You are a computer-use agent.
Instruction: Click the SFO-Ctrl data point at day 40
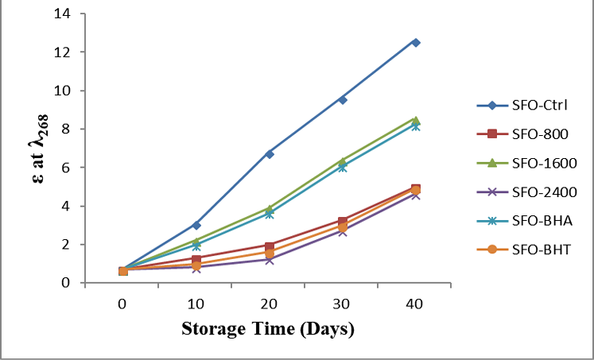pyautogui.click(x=416, y=42)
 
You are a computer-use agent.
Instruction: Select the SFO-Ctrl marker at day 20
pyautogui.click(x=270, y=154)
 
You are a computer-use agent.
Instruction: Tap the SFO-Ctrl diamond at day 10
pyautogui.click(x=196, y=225)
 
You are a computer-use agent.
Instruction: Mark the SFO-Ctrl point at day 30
pyautogui.click(x=343, y=99)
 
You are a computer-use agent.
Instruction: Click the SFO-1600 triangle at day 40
pyautogui.click(x=416, y=120)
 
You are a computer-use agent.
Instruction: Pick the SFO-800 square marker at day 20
pyautogui.click(x=270, y=246)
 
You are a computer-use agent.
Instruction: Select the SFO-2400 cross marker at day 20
pyautogui.click(x=270, y=260)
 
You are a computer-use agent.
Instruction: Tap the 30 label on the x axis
pyautogui.click(x=342, y=304)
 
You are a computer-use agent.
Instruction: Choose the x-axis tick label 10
pyautogui.click(x=196, y=304)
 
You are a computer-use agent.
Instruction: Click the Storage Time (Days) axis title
pyautogui.click(x=268, y=328)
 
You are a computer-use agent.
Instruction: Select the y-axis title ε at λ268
pyautogui.click(x=39, y=149)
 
